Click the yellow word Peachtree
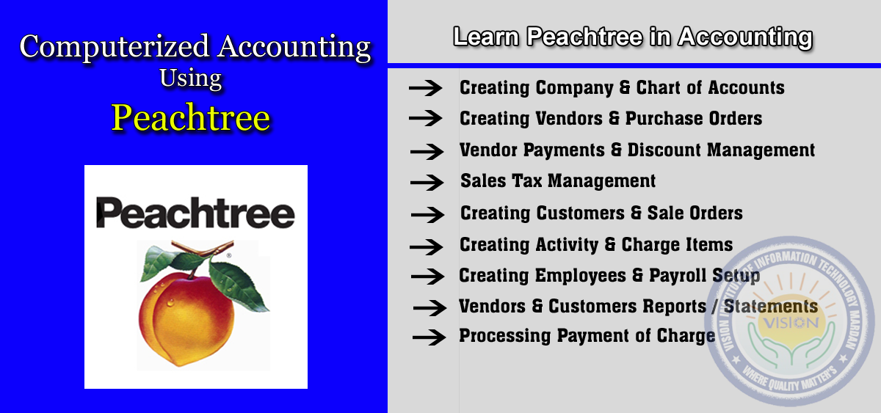[191, 118]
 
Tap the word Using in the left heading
[191, 78]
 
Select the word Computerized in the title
[115, 47]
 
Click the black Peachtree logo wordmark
[195, 213]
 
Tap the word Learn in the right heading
[486, 37]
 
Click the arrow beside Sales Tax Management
[427, 183]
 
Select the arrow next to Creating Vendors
[426, 118]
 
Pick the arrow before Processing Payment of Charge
[429, 337]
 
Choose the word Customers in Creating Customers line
[581, 213]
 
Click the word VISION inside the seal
[791, 323]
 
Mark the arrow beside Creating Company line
[426, 87]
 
